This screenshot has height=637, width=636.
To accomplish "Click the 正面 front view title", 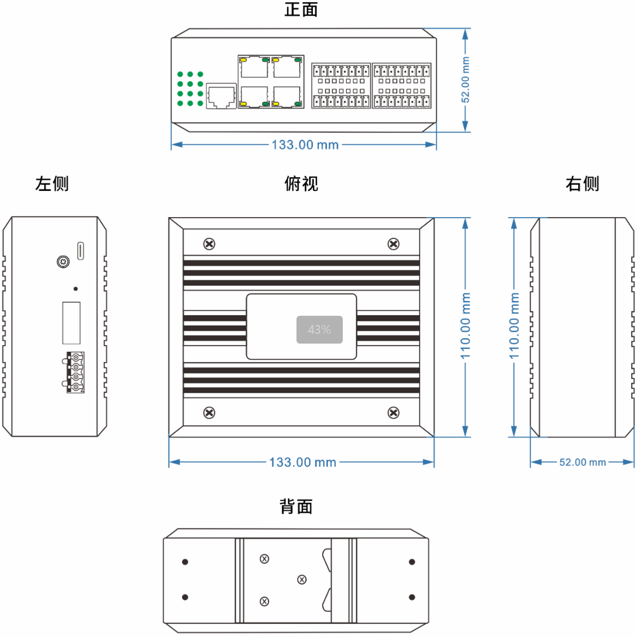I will [x=301, y=9].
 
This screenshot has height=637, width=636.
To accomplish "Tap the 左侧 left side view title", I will [x=52, y=184].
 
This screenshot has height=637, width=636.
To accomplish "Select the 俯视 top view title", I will [x=301, y=184].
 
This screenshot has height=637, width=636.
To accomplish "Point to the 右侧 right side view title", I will [x=582, y=184].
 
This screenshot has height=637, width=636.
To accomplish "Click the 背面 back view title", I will [x=296, y=507].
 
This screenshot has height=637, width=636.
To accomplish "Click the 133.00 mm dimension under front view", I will [x=305, y=145].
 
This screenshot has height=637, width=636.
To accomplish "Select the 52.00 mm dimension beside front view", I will [x=465, y=80].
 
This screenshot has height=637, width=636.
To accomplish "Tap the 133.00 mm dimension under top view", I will [x=302, y=462].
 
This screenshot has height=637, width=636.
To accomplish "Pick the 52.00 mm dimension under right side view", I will [x=582, y=462].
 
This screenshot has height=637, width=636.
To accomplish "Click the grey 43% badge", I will [x=319, y=329].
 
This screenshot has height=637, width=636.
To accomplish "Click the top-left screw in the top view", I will [x=209, y=244].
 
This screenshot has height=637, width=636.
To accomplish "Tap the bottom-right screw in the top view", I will [x=393, y=413].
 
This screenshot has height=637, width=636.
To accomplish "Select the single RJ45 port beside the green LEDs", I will [x=221, y=96].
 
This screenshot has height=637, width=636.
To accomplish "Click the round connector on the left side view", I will [x=63, y=262].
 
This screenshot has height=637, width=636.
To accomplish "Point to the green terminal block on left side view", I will [x=75, y=372].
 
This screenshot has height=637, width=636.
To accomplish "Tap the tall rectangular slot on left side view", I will [x=71, y=323].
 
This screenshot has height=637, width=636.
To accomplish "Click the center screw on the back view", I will [x=302, y=580].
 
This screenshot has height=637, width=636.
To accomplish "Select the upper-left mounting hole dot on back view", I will [x=185, y=562].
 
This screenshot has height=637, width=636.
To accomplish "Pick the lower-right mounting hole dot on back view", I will [x=412, y=597].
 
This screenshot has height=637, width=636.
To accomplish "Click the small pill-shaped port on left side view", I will [x=81, y=250].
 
